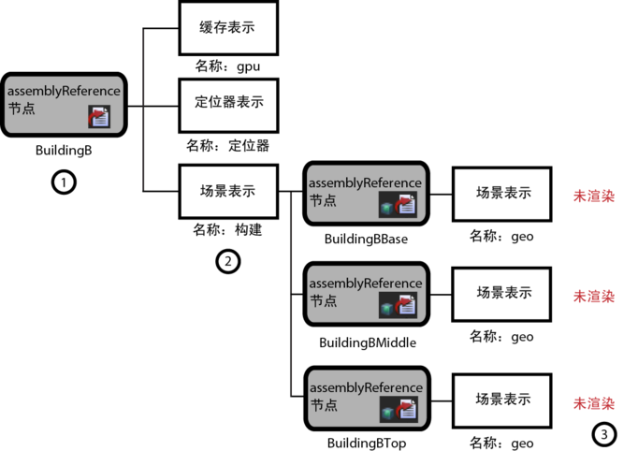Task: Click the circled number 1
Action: point(63,182)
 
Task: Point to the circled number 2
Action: point(227,261)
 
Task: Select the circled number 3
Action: point(604,434)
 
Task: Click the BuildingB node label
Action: point(63,150)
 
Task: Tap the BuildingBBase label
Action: point(366,239)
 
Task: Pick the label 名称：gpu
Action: point(227,66)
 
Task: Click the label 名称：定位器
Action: point(227,145)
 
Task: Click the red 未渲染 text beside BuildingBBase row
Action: point(594,196)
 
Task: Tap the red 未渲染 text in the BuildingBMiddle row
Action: point(594,297)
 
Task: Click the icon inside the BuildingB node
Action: point(99,115)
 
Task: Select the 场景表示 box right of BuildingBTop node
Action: point(503,398)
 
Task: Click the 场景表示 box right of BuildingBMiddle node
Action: point(503,293)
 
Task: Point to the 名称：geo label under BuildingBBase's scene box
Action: point(501,236)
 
